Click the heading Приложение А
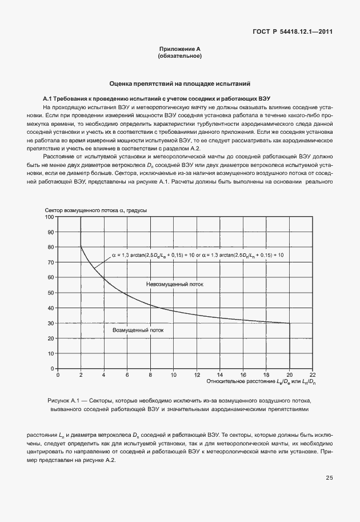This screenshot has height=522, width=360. [179, 50]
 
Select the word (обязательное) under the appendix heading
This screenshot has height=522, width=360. [179, 57]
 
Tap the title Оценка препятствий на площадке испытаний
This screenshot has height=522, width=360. [179, 83]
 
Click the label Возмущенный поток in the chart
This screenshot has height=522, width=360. [138, 330]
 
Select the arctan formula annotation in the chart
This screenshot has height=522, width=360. [194, 254]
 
